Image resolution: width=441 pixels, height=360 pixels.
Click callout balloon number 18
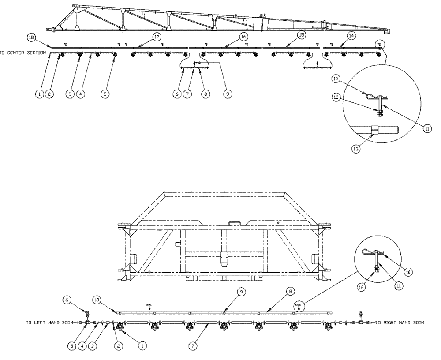coord(31,38)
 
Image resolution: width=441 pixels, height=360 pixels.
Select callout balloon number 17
coord(157,38)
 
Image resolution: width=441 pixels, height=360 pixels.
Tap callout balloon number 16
coord(243,36)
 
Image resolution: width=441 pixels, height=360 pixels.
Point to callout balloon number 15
coord(301,34)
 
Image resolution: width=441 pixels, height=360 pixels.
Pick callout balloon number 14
coord(351,34)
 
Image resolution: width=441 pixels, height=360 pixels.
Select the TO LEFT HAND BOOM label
coord(49,322)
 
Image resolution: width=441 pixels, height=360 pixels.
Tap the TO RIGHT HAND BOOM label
coord(399,322)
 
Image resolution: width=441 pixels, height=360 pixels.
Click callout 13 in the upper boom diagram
coord(356,149)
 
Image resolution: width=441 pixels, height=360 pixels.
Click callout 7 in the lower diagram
coord(193,347)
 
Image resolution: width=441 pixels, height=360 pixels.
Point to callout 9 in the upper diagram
coord(228,94)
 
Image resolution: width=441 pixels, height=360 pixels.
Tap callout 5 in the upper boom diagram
coord(105,94)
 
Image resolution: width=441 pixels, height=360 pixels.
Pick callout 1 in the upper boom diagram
coord(40,94)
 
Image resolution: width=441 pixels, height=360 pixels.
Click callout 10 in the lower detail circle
coord(408,272)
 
